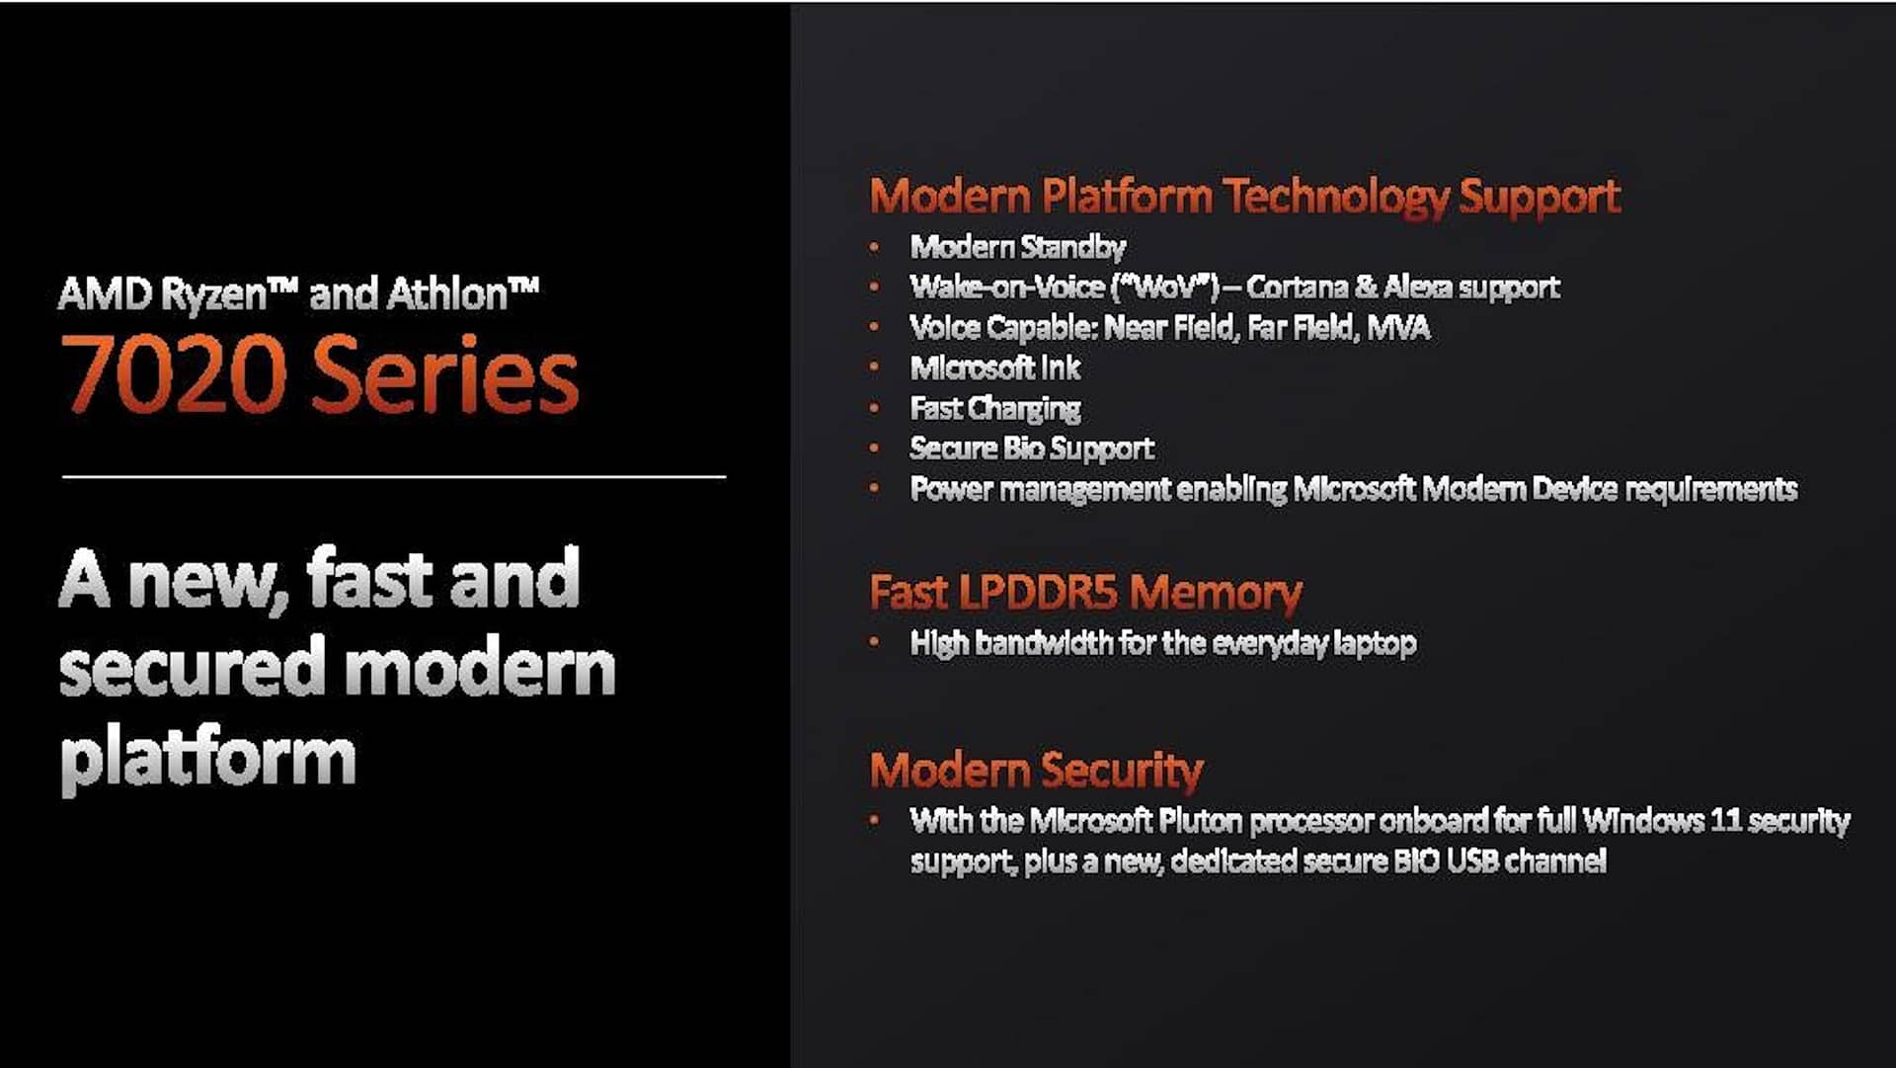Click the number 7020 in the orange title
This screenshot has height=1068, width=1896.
pos(173,374)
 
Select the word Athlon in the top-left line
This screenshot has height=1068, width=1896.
pos(446,294)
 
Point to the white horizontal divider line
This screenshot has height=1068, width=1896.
pos(394,477)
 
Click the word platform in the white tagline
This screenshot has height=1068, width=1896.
pos(208,759)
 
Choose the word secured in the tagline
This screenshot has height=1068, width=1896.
pos(193,668)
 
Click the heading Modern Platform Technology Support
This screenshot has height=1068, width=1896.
pos(1245,197)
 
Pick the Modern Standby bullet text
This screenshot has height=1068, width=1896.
pos(1018,247)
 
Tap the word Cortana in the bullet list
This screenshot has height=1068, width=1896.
pos(1297,288)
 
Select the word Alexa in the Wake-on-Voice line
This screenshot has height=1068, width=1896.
pos(1417,288)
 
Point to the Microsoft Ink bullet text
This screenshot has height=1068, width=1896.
pos(995,369)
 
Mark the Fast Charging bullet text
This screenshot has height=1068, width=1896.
pos(995,409)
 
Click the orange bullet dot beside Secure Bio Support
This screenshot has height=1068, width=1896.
pos(874,448)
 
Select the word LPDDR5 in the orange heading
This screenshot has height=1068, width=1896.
pos(1038,593)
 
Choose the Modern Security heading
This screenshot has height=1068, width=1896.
pos(1037,771)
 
